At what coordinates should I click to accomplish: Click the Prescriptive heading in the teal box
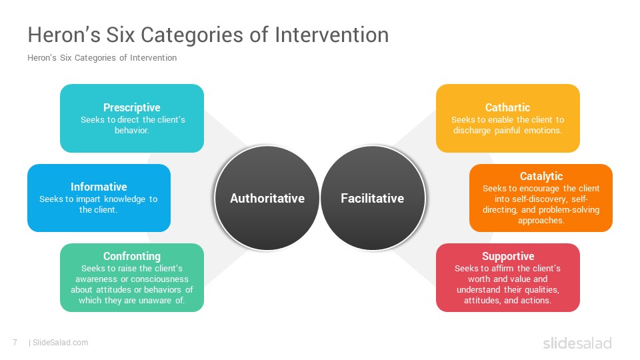(131, 108)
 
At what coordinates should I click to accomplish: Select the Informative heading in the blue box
(99, 187)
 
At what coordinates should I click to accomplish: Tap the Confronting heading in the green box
(132, 256)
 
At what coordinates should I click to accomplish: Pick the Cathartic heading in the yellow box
(507, 107)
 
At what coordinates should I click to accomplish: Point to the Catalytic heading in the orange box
(541, 176)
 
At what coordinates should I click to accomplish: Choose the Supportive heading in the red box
(508, 256)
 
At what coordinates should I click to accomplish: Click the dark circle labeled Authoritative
(267, 198)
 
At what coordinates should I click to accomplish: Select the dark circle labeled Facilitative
(373, 198)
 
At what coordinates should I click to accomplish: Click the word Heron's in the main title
(64, 35)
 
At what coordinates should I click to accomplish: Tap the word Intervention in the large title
(332, 35)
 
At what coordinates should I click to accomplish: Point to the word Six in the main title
(121, 35)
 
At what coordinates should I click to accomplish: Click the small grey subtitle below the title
(102, 58)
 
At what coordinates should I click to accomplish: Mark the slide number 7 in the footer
(15, 343)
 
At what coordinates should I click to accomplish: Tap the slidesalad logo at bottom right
(577, 343)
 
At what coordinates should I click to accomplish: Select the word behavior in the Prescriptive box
(131, 131)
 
